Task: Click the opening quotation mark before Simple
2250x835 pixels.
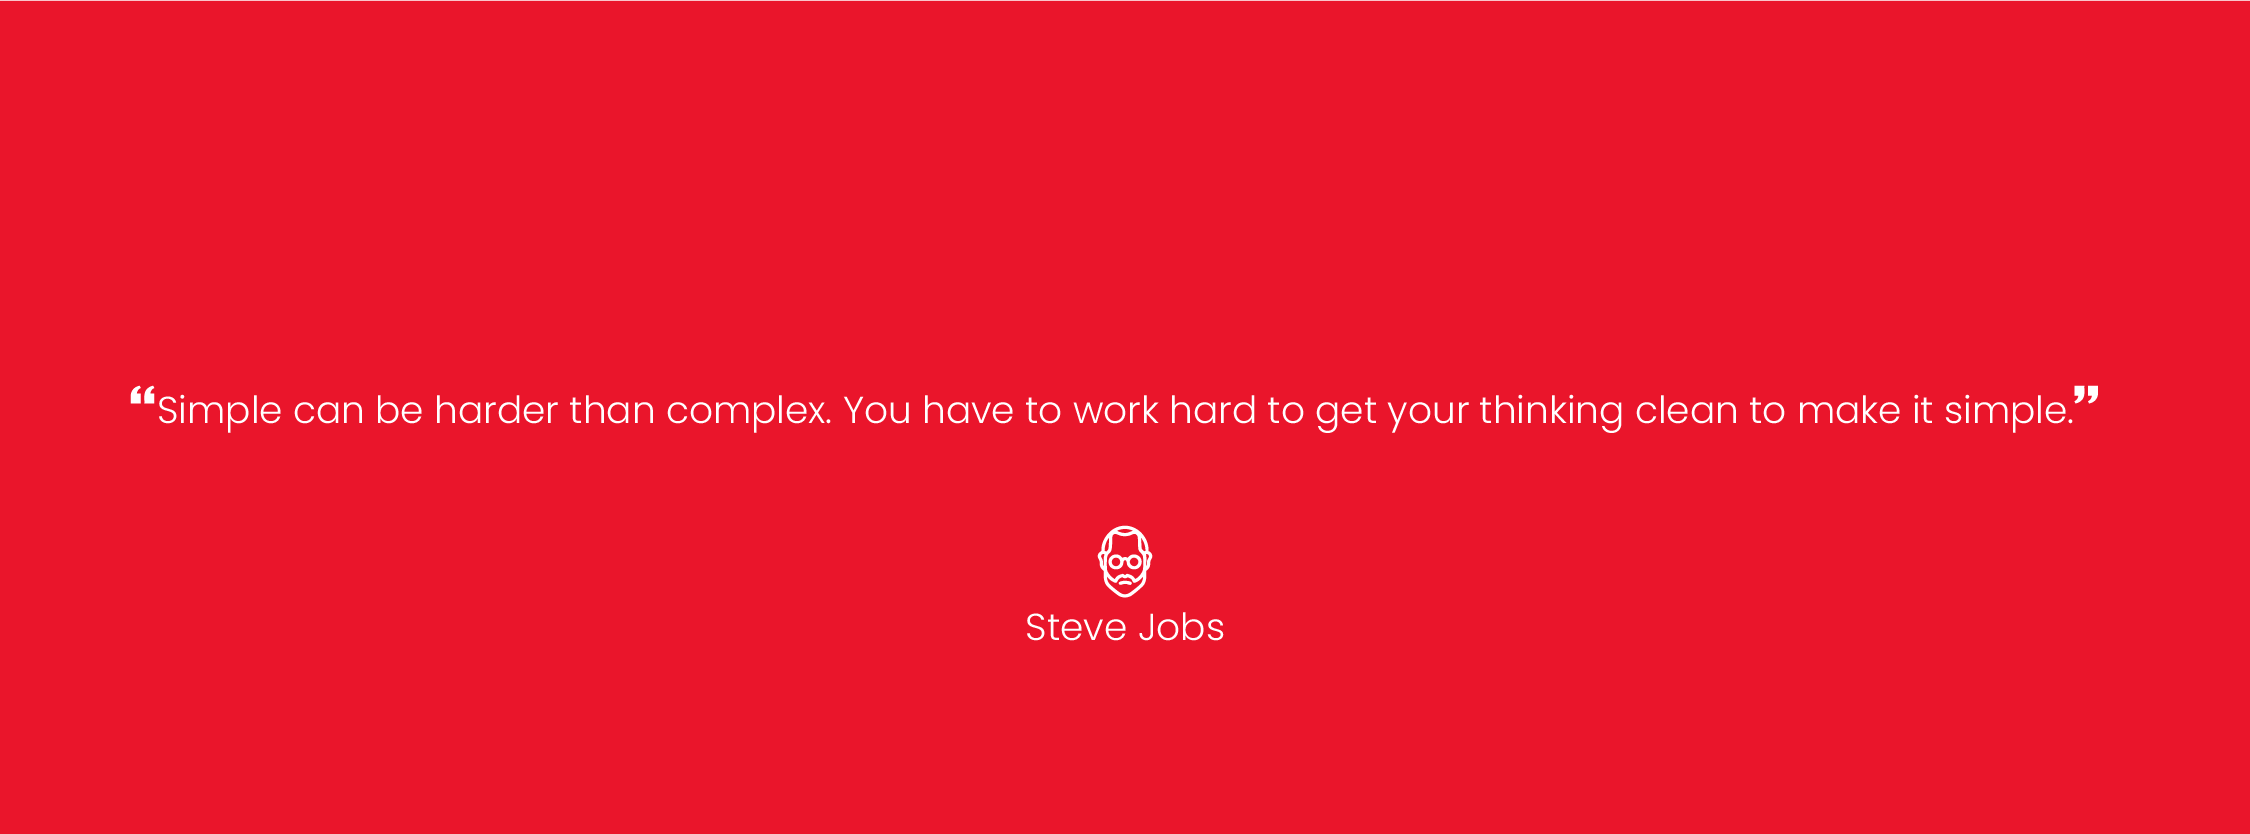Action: coord(142,397)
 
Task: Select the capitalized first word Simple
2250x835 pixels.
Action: coord(219,411)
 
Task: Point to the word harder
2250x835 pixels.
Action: coord(496,410)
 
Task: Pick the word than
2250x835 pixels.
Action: coord(612,410)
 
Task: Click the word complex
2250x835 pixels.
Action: coord(748,412)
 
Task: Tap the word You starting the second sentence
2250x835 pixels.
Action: coord(877,410)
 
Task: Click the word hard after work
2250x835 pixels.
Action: coord(1213,410)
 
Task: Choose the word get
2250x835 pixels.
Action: coord(1346,413)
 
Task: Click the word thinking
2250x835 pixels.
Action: coord(1551,411)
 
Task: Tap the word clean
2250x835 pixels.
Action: coord(1686,410)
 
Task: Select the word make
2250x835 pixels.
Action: coord(1849,410)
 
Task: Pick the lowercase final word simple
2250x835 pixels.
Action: coord(2008,411)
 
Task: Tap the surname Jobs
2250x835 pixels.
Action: coord(1181,627)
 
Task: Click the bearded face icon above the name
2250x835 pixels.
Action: coord(1125,561)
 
